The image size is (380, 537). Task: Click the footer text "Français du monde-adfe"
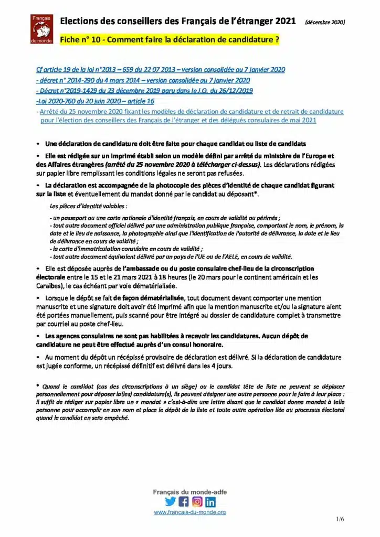click(x=189, y=491)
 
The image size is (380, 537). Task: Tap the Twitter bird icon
click(x=170, y=501)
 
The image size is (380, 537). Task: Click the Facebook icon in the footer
click(x=184, y=501)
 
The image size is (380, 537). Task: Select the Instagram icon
click(x=197, y=501)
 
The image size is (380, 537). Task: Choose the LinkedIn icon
click(x=210, y=501)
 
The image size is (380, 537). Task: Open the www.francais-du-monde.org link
click(x=189, y=512)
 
